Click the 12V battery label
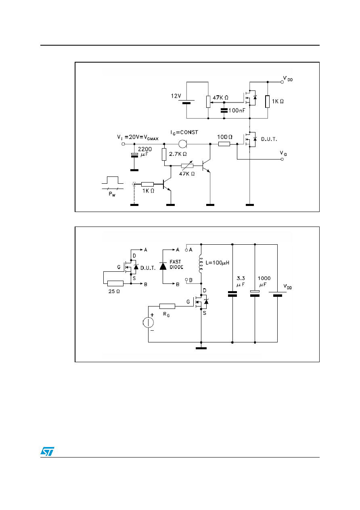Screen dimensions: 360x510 click(x=176, y=96)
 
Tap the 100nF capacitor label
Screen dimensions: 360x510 click(x=237, y=110)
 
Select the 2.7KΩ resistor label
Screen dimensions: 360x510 click(x=178, y=154)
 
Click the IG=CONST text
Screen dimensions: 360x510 click(x=184, y=132)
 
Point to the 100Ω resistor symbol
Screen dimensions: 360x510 click(x=224, y=144)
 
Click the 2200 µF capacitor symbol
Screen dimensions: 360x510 click(x=134, y=155)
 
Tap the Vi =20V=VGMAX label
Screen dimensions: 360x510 click(x=138, y=138)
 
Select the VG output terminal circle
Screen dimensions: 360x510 click(x=282, y=160)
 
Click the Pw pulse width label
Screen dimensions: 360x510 click(x=112, y=194)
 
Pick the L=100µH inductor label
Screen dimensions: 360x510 click(x=217, y=263)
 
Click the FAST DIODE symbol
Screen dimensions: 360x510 click(x=163, y=266)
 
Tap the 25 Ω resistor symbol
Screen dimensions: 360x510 click(x=115, y=283)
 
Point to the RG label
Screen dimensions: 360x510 click(x=166, y=315)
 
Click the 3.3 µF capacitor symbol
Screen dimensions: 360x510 click(x=232, y=294)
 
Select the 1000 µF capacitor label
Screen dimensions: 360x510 click(x=264, y=281)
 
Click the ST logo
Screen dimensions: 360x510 click(x=47, y=451)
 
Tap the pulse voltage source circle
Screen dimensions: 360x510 click(x=148, y=322)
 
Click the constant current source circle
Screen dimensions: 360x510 click(x=182, y=144)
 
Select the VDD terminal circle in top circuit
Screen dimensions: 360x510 click(x=282, y=82)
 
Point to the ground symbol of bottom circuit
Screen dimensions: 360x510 click(x=201, y=348)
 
